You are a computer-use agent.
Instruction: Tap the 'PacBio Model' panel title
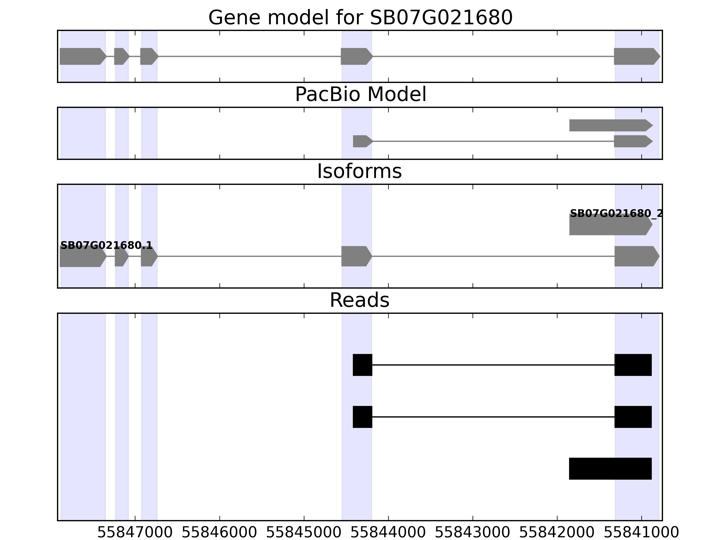tap(360, 95)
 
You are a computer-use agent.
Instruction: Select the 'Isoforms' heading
tap(359, 171)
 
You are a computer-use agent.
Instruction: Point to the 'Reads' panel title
tap(359, 300)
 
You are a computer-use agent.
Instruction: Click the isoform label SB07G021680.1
tap(106, 245)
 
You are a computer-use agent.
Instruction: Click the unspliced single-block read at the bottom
tap(610, 468)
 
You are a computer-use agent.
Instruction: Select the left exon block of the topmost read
tap(362, 365)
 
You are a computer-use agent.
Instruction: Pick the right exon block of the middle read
tap(633, 417)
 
